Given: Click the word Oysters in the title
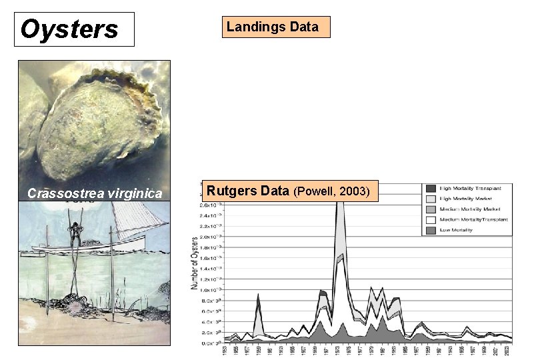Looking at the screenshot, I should (x=69, y=29).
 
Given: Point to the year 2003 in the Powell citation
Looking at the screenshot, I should (x=355, y=192).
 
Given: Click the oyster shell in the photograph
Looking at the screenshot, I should (x=100, y=127).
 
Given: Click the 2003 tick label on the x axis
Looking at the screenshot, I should (x=510, y=351).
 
